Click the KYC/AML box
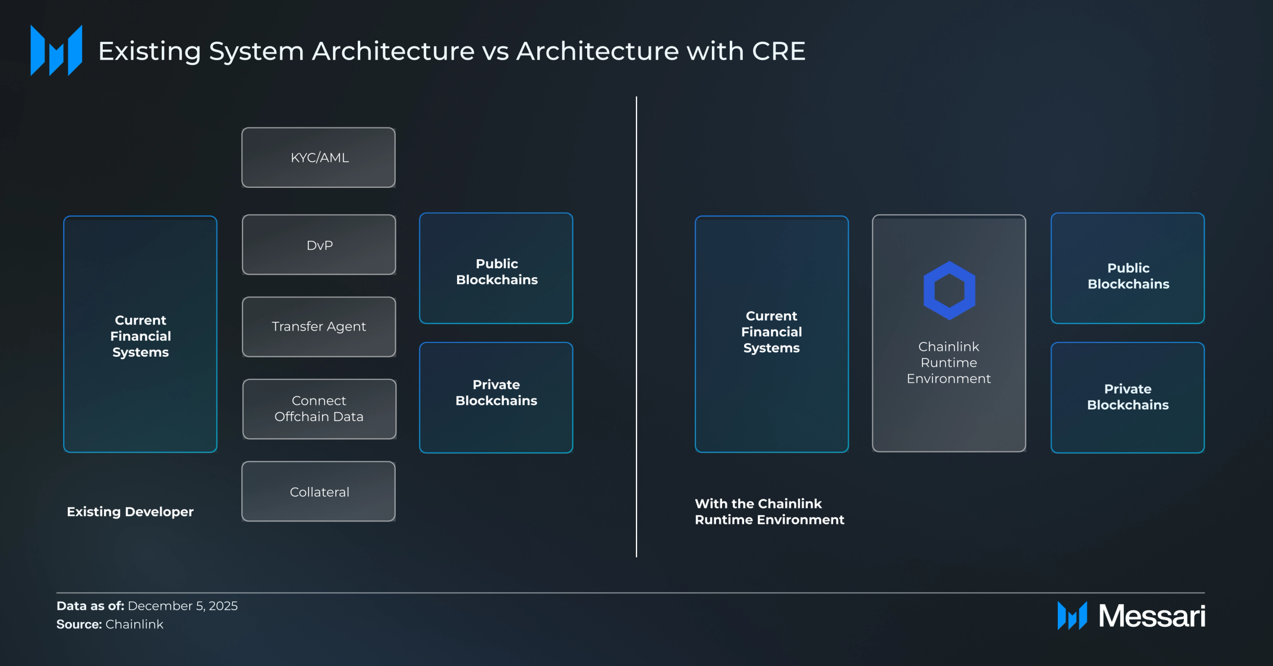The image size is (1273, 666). click(319, 158)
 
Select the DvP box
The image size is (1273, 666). click(319, 244)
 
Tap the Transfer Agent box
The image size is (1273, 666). click(319, 326)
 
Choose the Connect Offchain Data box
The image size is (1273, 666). click(319, 409)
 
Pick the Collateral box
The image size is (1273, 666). click(319, 491)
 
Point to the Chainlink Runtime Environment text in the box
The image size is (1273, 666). click(949, 363)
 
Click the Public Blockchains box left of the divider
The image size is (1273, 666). click(496, 268)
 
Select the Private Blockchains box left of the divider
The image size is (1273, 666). click(496, 397)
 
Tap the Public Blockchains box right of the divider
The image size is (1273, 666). click(1127, 268)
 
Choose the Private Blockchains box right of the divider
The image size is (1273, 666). click(1127, 397)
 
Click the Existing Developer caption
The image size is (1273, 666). click(130, 512)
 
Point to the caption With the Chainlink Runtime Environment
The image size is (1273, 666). click(770, 511)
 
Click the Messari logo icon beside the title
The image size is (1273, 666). click(56, 51)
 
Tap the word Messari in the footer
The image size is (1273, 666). click(1152, 615)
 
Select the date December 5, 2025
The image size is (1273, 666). click(182, 606)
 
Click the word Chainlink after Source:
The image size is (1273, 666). click(134, 624)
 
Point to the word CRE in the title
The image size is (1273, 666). click(779, 51)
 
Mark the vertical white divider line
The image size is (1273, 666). click(636, 326)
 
